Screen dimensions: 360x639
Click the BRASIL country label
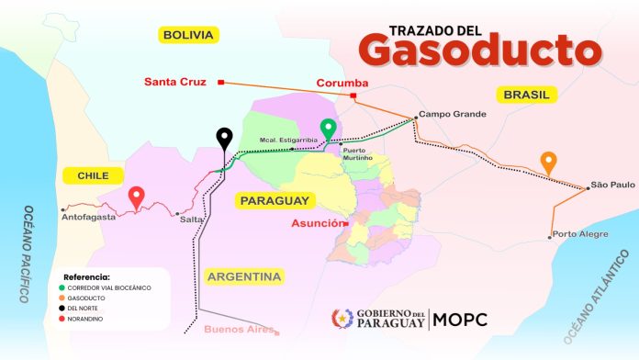pyautogui.click(x=526, y=95)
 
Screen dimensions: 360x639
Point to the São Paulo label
pyautogui.click(x=612, y=186)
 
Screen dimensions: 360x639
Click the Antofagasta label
pyautogui.click(x=88, y=217)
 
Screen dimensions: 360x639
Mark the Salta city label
pyautogui.click(x=191, y=218)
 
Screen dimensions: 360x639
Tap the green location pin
pyautogui.click(x=328, y=129)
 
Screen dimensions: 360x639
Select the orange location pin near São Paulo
pyautogui.click(x=548, y=162)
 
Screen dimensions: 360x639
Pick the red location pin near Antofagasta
pyautogui.click(x=136, y=196)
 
